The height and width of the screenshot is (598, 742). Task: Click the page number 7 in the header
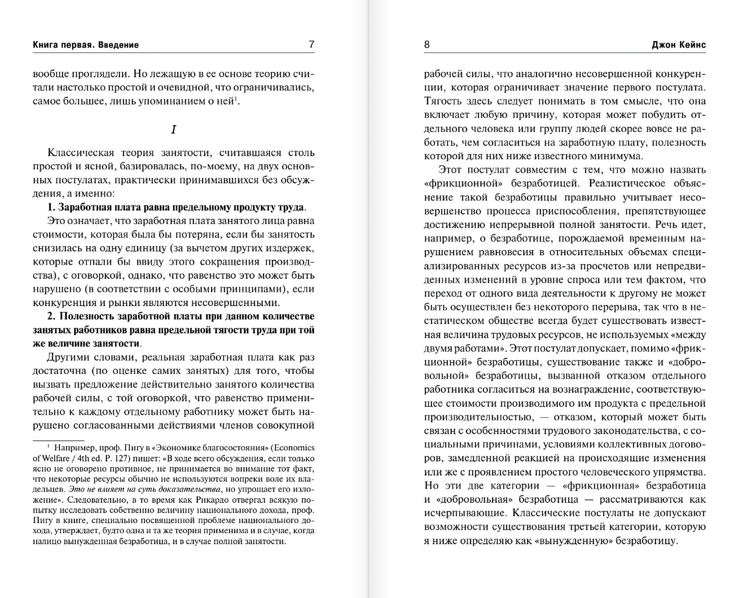pyautogui.click(x=311, y=44)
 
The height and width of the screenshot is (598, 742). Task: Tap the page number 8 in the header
pyautogui.click(x=427, y=44)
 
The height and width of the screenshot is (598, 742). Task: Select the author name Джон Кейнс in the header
pyautogui.click(x=679, y=45)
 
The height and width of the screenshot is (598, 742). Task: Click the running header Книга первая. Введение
pyautogui.click(x=86, y=45)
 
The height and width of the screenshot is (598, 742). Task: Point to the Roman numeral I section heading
pyautogui.click(x=173, y=129)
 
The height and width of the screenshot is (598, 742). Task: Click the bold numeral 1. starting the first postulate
pyautogui.click(x=52, y=207)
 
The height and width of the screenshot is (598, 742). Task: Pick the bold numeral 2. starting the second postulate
pyautogui.click(x=53, y=316)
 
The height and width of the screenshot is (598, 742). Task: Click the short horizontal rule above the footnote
pyautogui.click(x=52, y=439)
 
